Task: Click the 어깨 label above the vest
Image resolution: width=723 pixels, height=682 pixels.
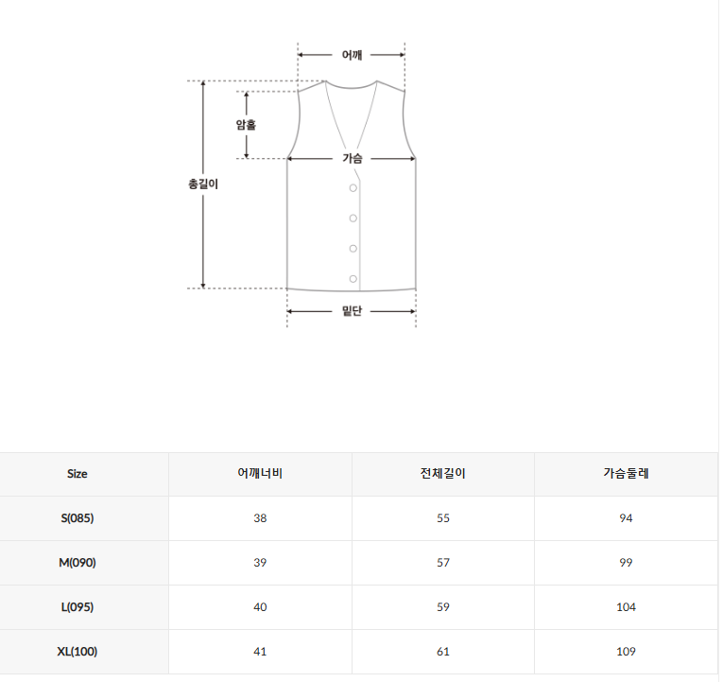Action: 352,55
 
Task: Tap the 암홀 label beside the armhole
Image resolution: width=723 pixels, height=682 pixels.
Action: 246,124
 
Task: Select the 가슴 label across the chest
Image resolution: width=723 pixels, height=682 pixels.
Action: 353,159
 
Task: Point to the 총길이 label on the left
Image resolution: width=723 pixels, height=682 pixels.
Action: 203,184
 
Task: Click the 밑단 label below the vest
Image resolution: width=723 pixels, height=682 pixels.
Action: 352,311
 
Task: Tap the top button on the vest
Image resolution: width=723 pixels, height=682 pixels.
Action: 353,188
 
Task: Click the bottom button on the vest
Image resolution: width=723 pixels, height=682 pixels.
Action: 353,278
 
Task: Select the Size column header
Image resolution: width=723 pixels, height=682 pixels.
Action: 77,474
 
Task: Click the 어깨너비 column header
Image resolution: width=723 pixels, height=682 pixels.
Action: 260,474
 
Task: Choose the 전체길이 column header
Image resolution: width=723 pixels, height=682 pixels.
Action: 442,474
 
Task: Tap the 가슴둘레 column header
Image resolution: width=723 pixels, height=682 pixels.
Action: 626,474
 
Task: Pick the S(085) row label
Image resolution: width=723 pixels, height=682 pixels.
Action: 77,518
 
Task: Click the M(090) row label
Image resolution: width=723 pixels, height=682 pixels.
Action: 77,563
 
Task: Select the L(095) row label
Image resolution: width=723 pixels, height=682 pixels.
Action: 77,607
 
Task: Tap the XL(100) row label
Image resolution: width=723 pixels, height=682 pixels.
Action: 77,652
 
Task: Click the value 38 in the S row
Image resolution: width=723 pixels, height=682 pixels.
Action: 260,518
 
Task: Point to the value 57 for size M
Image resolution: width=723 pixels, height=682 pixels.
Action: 442,563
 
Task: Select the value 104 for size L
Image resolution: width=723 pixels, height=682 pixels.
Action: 626,607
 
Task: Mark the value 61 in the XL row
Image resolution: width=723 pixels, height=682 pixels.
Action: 442,652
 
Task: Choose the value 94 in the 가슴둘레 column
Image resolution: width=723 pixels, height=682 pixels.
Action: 626,518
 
